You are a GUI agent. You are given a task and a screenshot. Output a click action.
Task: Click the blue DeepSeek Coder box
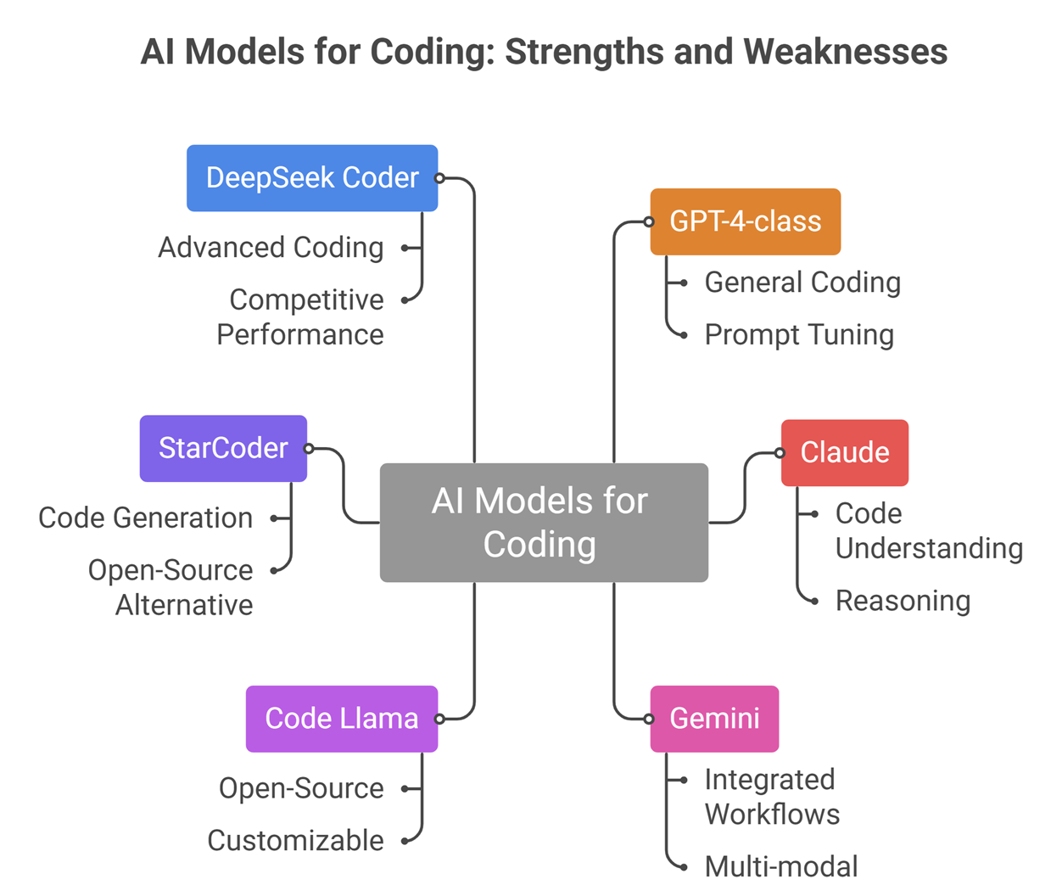(x=312, y=178)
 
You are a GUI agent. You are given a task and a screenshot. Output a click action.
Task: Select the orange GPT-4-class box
(x=745, y=221)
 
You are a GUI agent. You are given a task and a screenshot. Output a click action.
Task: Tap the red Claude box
(x=844, y=452)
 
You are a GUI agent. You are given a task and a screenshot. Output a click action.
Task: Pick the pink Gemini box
(x=714, y=719)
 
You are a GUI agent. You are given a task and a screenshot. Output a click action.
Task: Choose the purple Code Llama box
(x=341, y=719)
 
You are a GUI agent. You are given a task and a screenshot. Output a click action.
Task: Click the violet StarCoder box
(x=223, y=448)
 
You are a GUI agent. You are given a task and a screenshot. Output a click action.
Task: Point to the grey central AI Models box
(x=543, y=523)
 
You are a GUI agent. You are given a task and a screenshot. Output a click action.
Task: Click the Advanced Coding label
(x=271, y=248)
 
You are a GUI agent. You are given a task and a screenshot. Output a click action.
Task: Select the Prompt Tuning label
(x=799, y=334)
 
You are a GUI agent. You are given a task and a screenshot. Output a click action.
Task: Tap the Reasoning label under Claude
(x=903, y=601)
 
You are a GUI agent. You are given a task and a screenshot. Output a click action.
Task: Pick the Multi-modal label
(x=781, y=866)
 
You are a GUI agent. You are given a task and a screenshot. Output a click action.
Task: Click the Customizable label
(x=295, y=840)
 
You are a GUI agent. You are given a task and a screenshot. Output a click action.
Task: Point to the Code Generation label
(x=146, y=518)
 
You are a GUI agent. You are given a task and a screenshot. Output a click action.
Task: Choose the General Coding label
(x=802, y=283)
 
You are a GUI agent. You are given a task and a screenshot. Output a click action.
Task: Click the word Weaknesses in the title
(x=846, y=52)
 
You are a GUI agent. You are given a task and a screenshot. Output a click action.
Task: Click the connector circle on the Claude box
(x=780, y=453)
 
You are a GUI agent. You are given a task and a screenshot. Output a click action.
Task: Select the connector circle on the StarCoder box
(x=309, y=448)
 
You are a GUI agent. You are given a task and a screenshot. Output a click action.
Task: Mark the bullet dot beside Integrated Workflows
(x=684, y=780)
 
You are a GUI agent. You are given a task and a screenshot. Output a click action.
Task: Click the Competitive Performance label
(x=301, y=316)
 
